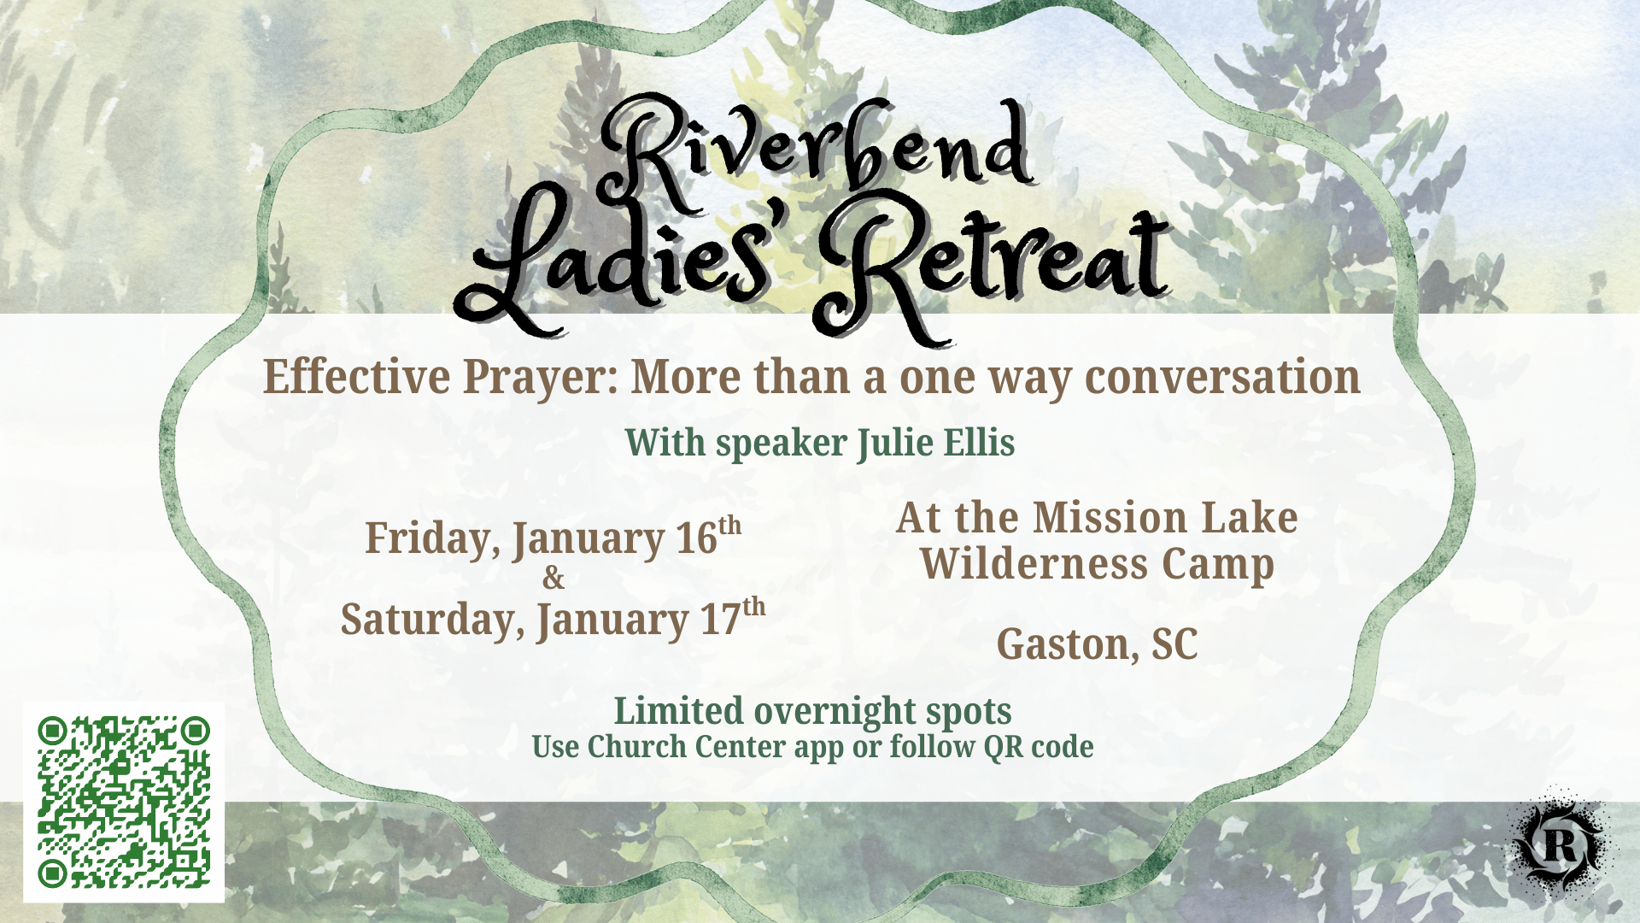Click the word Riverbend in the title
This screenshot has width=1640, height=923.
click(816, 154)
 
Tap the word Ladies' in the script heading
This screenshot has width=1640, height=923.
click(615, 265)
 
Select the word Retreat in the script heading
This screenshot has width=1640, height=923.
click(991, 265)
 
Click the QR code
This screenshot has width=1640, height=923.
click(124, 802)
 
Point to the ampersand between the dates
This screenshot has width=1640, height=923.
click(553, 579)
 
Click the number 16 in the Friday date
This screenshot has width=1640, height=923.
click(696, 539)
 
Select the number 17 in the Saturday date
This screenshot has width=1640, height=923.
click(720, 620)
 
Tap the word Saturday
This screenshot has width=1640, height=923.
click(432, 620)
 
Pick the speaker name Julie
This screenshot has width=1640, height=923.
click(895, 443)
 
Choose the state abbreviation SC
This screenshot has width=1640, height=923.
click(1174, 644)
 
